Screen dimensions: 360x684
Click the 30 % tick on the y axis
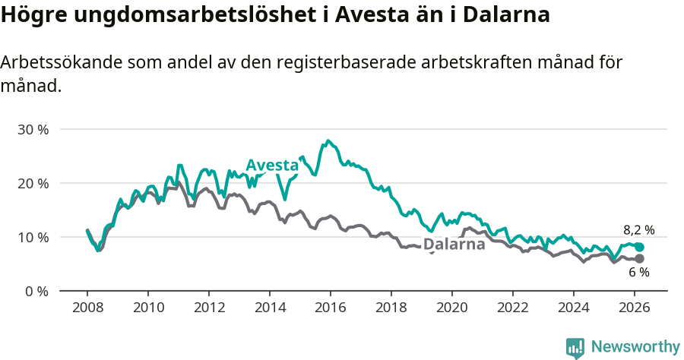click(x=33, y=129)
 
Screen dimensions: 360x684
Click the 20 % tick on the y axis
click(x=33, y=183)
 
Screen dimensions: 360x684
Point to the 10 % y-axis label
click(x=33, y=237)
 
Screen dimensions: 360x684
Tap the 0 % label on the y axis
click(x=36, y=291)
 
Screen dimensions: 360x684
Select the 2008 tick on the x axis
click(x=87, y=308)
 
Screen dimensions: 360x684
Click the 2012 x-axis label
click(x=209, y=308)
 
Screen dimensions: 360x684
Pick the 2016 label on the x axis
click(x=331, y=308)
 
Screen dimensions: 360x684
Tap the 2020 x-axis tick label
click(x=452, y=308)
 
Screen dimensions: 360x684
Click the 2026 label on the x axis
click(x=635, y=308)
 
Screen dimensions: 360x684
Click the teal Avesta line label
click(x=272, y=166)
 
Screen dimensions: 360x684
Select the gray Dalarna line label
click(x=454, y=245)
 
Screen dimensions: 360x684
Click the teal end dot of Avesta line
click(x=639, y=247)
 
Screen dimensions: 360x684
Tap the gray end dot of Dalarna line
click(x=639, y=259)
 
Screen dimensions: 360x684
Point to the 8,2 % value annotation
click(x=638, y=230)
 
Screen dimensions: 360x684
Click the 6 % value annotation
click(x=638, y=273)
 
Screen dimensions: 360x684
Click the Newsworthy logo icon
click(x=575, y=348)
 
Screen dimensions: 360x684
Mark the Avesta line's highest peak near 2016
click(x=328, y=141)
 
